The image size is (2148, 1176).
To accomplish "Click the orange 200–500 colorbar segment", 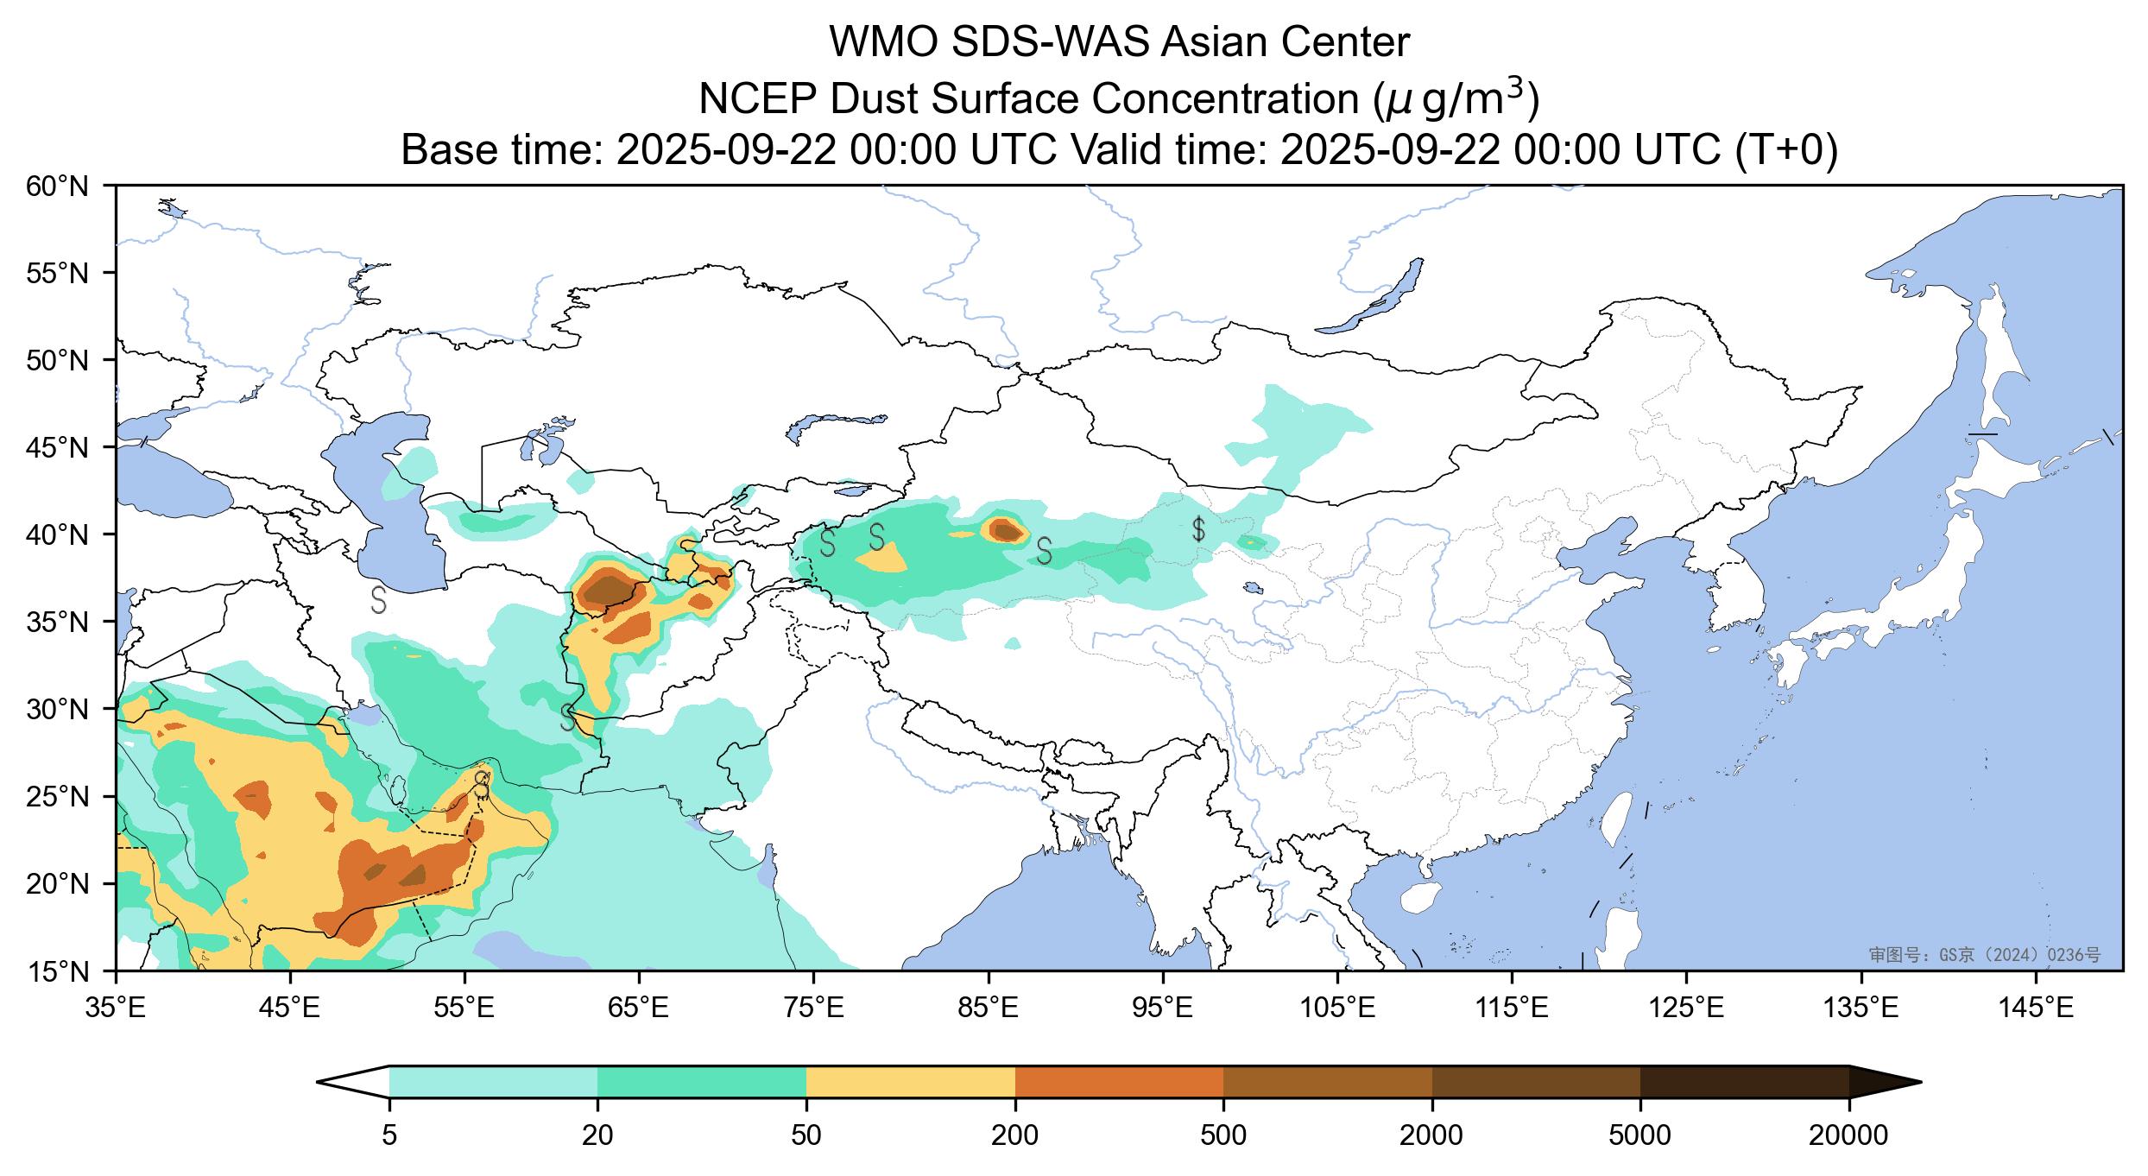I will [1119, 1081].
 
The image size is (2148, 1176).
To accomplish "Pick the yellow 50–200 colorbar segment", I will [910, 1081].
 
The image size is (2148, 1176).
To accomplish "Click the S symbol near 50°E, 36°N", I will [378, 599].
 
